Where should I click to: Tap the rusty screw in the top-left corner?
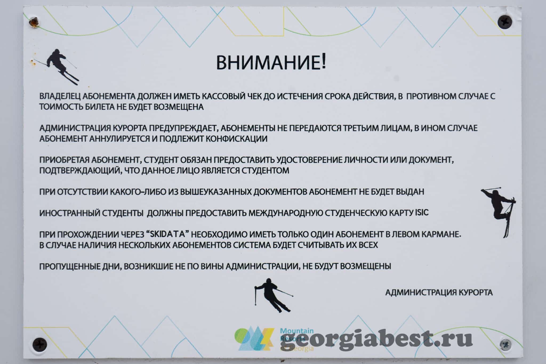point(34,22)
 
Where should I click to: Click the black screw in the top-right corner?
point(505,21)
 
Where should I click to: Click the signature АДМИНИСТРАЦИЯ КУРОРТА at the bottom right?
point(439,292)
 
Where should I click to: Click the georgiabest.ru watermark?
point(376,340)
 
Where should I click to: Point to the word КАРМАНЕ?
point(441,234)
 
